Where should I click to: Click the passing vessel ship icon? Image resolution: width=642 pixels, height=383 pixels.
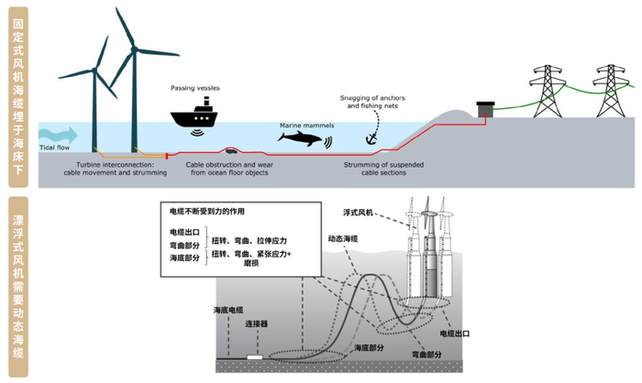click(194, 116)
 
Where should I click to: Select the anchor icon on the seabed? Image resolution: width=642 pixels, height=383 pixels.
click(371, 137)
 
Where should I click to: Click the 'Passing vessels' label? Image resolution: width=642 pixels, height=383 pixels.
click(194, 88)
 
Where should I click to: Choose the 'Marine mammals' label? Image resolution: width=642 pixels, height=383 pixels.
click(304, 124)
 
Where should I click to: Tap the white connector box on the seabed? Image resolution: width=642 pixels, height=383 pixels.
click(253, 355)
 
